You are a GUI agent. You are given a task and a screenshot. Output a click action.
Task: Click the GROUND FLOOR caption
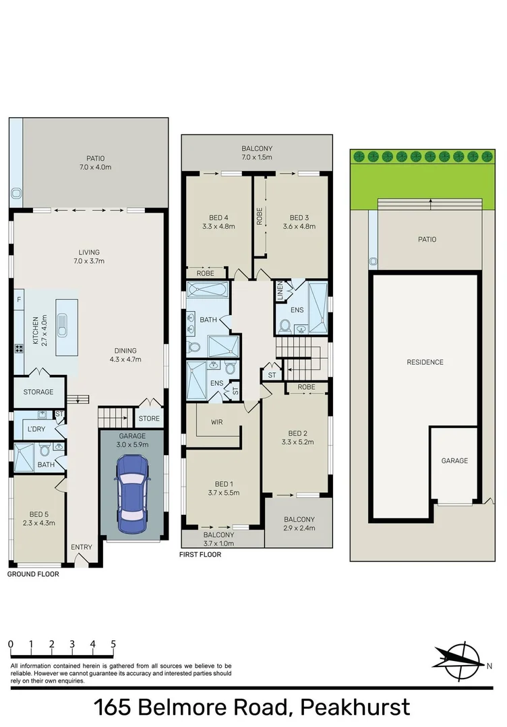click(33, 574)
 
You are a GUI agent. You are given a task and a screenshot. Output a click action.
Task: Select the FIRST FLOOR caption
click(200, 555)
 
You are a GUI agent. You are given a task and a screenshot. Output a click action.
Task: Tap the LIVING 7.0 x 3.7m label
click(91, 256)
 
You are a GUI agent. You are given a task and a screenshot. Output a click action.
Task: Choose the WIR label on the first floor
click(216, 422)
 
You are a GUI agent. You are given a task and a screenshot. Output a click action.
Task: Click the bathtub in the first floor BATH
click(208, 291)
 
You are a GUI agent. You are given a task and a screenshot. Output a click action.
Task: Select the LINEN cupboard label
click(279, 293)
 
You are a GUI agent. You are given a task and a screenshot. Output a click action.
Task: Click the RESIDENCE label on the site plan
click(425, 362)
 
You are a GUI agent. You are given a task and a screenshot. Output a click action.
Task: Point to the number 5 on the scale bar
click(113, 644)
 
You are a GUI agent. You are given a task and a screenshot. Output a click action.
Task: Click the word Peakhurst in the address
click(355, 708)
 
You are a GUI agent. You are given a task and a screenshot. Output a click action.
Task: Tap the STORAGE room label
click(38, 391)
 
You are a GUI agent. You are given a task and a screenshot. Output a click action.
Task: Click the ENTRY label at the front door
click(81, 547)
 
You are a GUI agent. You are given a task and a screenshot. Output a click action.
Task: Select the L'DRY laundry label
click(36, 429)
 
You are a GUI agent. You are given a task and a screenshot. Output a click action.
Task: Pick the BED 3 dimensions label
click(299, 227)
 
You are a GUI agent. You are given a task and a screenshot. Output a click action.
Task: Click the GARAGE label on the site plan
click(454, 460)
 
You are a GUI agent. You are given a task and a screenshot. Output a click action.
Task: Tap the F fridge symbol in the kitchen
click(18, 298)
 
